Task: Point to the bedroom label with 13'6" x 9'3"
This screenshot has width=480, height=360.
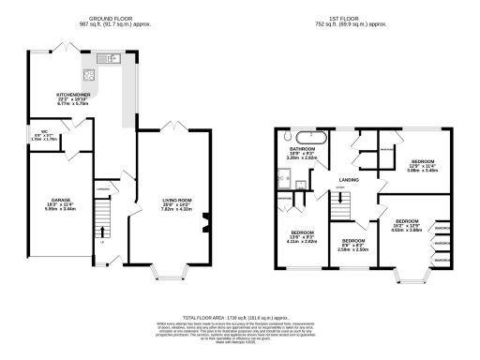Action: (301, 233)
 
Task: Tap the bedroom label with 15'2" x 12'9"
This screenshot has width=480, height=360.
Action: (407, 223)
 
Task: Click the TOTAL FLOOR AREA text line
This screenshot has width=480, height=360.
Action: (240, 319)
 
